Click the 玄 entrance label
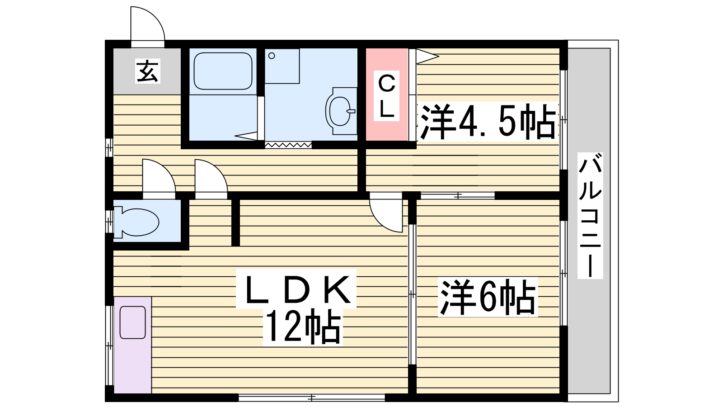(x=148, y=71)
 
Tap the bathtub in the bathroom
(x=223, y=71)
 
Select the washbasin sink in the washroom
(x=341, y=110)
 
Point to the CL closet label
(x=386, y=96)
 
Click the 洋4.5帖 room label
(x=488, y=122)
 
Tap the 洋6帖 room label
(x=488, y=297)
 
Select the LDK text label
(x=296, y=289)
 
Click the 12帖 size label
(x=303, y=326)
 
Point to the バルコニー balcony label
(x=590, y=215)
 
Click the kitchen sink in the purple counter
(x=133, y=322)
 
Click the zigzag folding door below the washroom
(x=288, y=145)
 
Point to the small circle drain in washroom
(x=272, y=56)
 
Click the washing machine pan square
(x=282, y=66)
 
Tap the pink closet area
(x=387, y=95)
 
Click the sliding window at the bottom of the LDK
(x=312, y=398)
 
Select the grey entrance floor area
(x=147, y=71)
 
